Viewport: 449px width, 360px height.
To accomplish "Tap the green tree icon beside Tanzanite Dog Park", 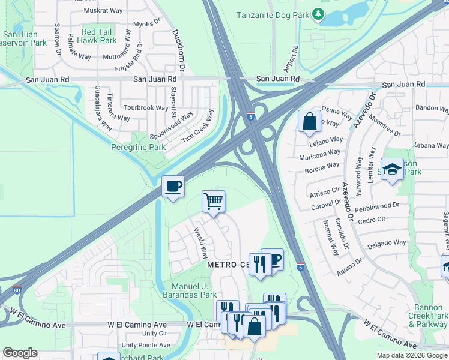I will tap(319, 14).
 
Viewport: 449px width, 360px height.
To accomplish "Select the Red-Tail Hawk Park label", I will tap(99, 35).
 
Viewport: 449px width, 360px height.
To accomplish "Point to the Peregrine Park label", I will tap(139, 147).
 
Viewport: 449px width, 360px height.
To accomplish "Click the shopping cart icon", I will tap(213, 202).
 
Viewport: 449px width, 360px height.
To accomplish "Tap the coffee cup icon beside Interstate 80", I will tap(173, 187).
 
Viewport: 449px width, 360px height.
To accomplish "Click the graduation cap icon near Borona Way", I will tap(392, 169).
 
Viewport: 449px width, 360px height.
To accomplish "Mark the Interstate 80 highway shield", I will tap(17, 290).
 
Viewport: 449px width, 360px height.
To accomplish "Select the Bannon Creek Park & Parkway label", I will tap(428, 320).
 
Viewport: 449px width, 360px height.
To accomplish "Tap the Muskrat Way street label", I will tap(98, 11).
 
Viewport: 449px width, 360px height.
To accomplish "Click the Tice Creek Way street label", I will tap(198, 126).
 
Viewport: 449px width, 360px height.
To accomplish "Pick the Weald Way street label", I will tap(200, 242).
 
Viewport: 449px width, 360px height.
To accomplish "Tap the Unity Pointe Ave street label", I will tap(146, 345).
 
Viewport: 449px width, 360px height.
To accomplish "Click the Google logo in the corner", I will tap(20, 353).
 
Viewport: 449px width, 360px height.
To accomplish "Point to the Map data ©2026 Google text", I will tap(412, 355).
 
